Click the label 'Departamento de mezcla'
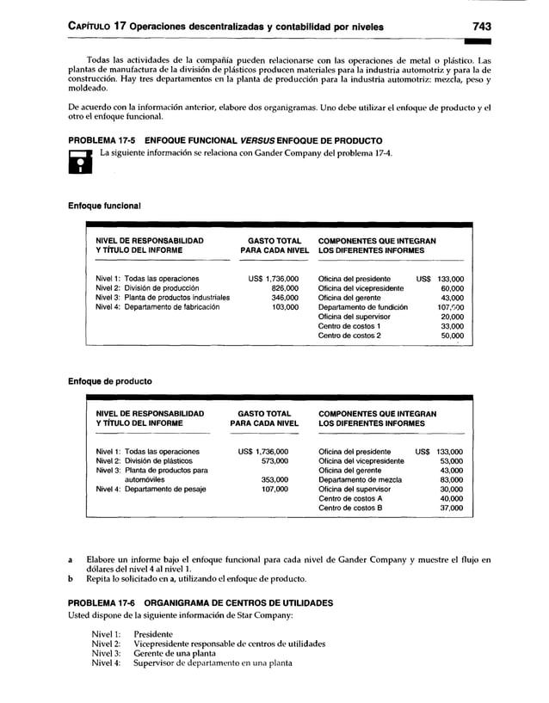(360, 480)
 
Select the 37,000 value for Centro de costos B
(450, 509)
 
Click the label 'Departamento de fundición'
(362, 307)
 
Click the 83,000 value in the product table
(450, 480)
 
